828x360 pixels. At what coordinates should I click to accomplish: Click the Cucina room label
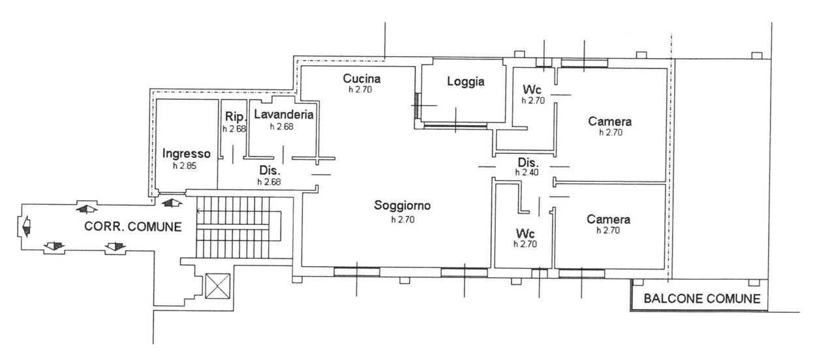click(x=361, y=78)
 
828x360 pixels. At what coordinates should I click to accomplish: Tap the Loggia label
click(x=466, y=82)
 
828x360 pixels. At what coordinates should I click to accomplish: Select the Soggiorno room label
click(x=402, y=205)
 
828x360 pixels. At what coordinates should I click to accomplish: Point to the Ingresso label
click(x=187, y=154)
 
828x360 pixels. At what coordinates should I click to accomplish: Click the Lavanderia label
click(x=284, y=115)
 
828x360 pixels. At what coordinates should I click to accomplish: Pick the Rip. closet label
click(x=236, y=117)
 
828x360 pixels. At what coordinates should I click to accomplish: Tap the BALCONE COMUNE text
click(x=702, y=298)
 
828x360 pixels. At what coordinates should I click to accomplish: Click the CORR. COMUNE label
click(x=133, y=226)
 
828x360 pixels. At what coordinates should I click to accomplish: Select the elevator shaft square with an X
click(x=218, y=286)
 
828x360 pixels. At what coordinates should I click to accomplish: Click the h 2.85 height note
click(x=185, y=166)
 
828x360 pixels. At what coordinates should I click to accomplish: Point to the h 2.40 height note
click(x=527, y=172)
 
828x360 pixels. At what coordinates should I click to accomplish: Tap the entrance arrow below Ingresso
click(x=172, y=203)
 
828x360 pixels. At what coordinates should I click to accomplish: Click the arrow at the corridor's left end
click(x=26, y=226)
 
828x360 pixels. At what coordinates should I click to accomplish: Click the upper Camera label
click(x=610, y=121)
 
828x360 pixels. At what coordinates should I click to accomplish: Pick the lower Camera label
click(x=608, y=220)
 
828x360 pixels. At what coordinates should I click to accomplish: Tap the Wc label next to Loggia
click(x=532, y=89)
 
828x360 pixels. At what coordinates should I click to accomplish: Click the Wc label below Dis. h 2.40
click(x=525, y=233)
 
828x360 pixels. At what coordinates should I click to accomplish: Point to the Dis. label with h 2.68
click(x=270, y=170)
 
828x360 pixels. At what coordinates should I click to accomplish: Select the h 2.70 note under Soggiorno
click(x=403, y=220)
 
